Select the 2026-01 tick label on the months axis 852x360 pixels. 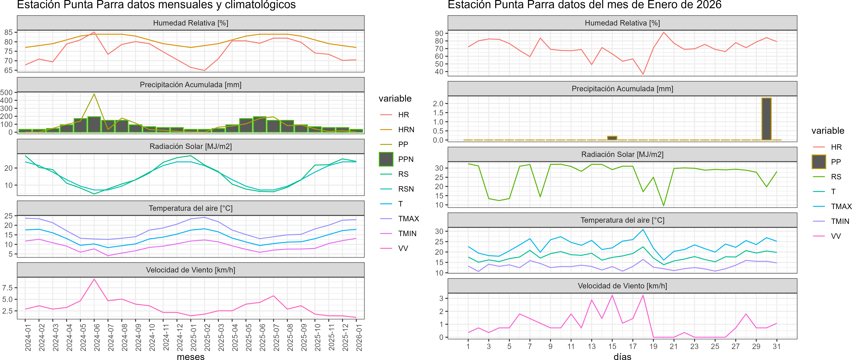pos(359,337)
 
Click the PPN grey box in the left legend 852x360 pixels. pos(386,159)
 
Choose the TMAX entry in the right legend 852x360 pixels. pos(841,206)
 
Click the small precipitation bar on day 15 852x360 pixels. pos(612,138)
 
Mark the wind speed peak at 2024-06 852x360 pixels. pos(94,279)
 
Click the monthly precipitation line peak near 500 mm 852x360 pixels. pos(94,94)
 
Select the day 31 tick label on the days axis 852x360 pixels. pos(777,346)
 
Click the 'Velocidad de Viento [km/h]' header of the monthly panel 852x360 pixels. pos(190,270)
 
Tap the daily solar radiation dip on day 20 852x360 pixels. pos(663,206)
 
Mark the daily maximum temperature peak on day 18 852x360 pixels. pos(643,230)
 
